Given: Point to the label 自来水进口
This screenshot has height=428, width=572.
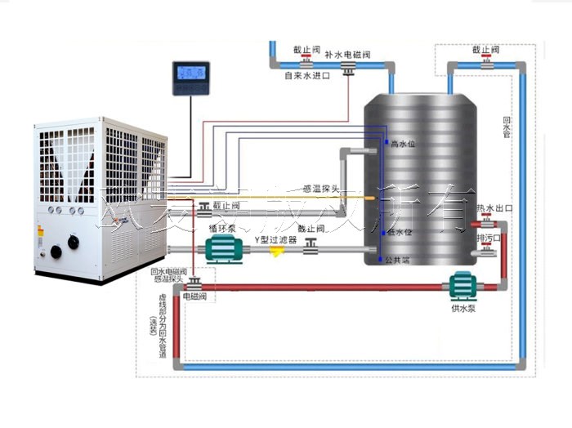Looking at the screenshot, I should click(306, 76).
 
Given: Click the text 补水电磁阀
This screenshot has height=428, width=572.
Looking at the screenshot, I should click(348, 55).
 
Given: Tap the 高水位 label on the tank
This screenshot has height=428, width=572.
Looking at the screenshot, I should click(404, 144).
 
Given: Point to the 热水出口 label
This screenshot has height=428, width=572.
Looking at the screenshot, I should click(495, 209).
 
